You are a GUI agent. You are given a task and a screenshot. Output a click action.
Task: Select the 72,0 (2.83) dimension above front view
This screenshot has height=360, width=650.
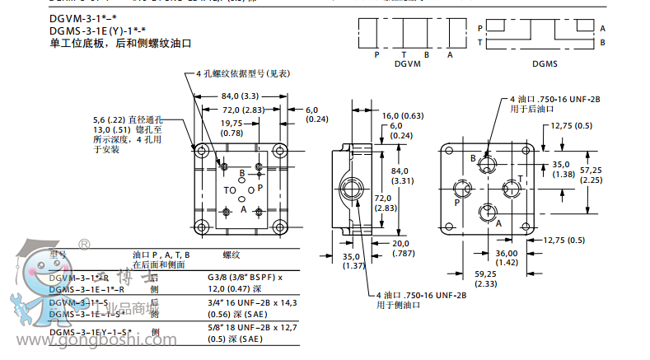[242, 110]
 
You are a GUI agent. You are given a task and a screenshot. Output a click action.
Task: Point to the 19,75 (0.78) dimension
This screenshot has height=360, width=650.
[231, 127]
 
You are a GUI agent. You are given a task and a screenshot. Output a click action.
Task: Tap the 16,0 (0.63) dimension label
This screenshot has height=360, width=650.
[402, 115]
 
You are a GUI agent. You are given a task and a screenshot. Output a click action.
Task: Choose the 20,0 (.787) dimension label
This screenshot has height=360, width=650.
[400, 248]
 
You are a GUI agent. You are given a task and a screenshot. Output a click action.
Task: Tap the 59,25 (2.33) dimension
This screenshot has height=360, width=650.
[485, 278]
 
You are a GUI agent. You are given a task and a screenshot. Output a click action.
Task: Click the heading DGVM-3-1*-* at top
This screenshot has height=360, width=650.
[82, 18]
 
